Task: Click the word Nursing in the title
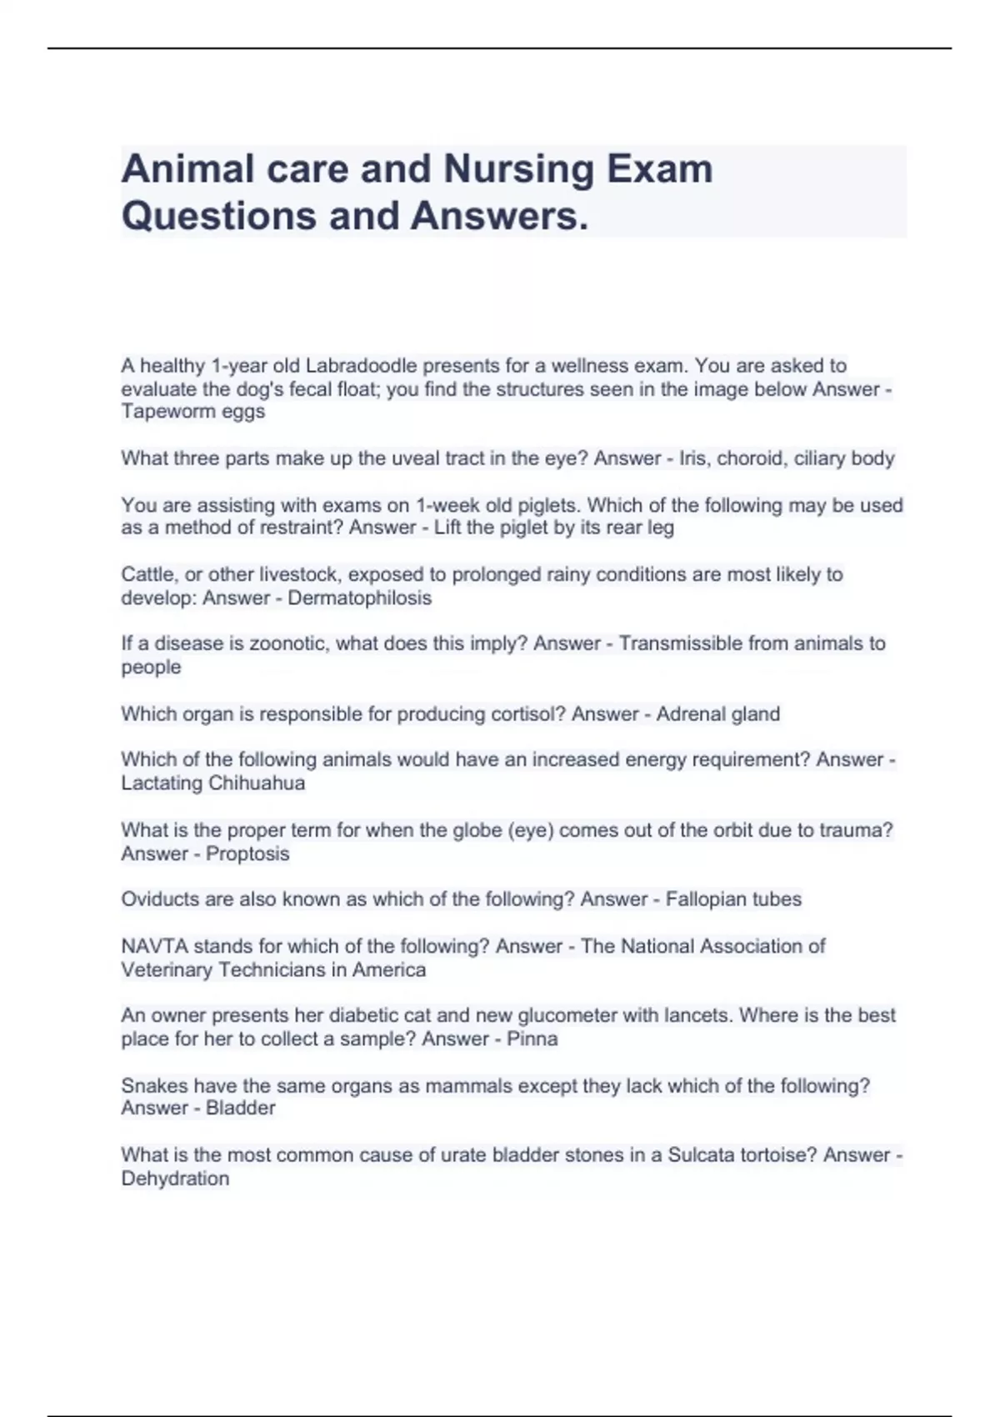click(x=517, y=169)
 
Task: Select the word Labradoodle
click(x=361, y=366)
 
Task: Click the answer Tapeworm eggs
click(x=193, y=412)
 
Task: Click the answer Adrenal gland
click(x=718, y=714)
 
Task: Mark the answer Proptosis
click(x=247, y=854)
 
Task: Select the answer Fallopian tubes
click(x=733, y=899)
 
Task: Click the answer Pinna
click(x=532, y=1039)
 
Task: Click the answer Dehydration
click(x=175, y=1179)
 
